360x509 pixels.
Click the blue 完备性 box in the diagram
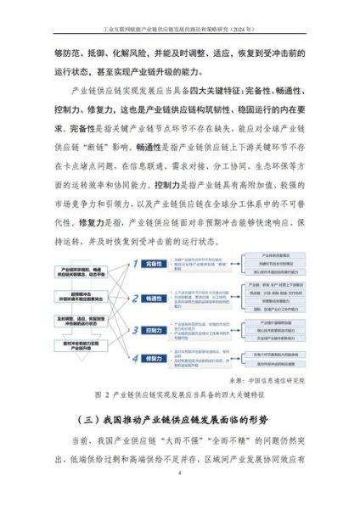click(154, 265)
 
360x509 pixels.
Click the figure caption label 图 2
click(99, 394)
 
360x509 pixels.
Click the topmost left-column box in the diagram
click(74, 270)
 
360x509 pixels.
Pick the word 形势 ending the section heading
click(270, 420)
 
